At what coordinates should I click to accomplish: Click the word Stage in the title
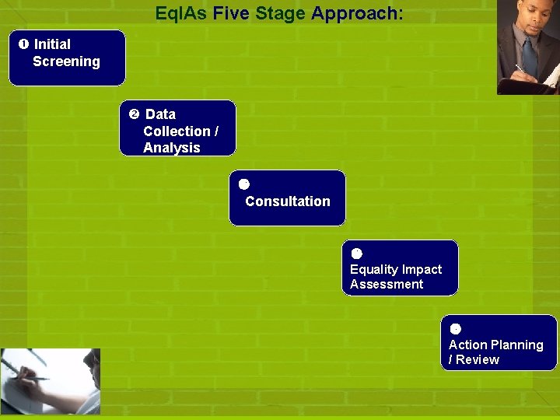280,13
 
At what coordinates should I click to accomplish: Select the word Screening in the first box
66,61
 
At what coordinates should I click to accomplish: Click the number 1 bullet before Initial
23,44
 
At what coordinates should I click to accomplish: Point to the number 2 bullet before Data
134,114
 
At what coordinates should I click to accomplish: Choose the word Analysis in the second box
171,148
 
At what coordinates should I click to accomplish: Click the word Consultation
287,201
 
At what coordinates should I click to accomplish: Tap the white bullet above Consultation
243,184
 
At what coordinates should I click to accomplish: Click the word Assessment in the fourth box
387,285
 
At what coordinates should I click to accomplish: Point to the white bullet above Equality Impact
356,253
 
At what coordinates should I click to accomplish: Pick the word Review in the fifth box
478,360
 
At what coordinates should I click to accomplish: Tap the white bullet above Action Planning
455,328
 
